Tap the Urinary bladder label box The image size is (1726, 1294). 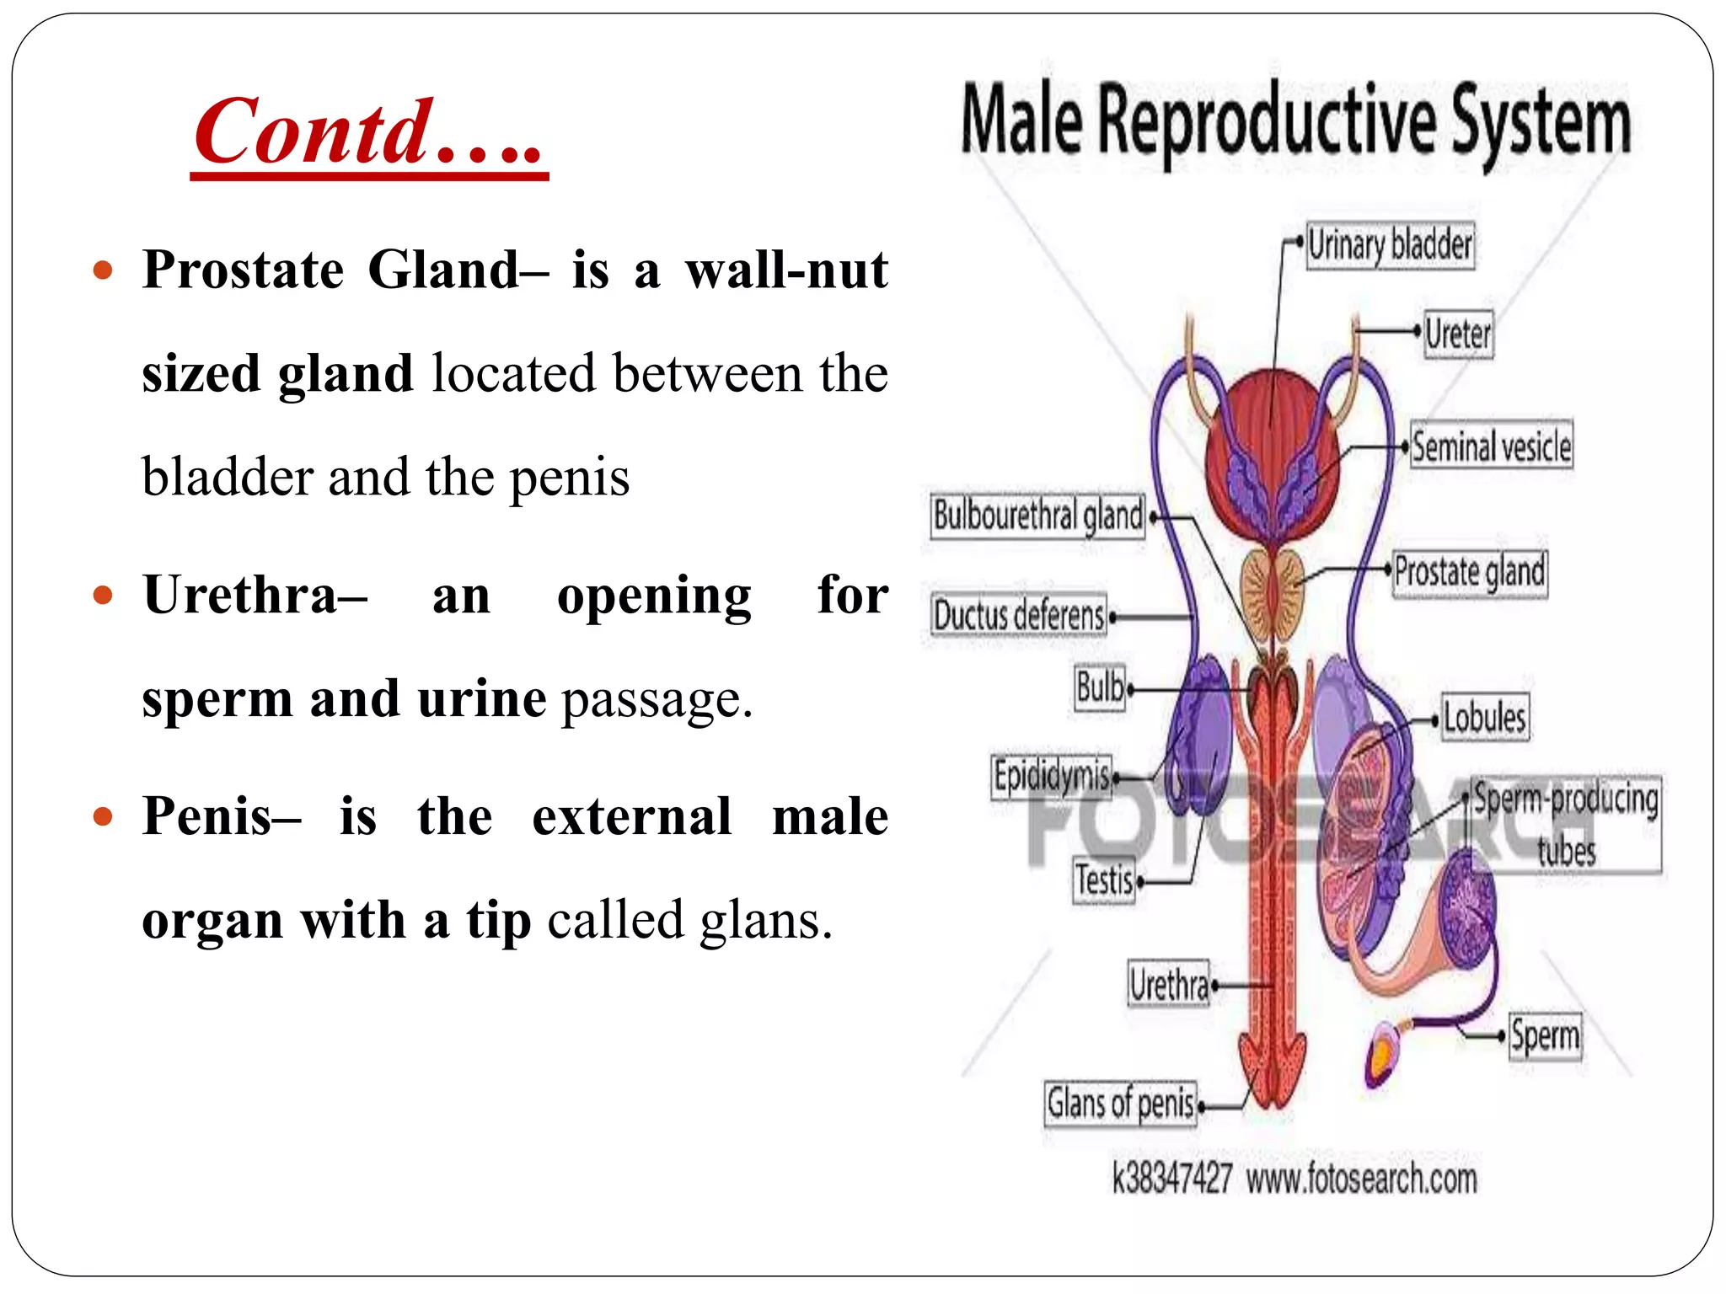tap(1390, 246)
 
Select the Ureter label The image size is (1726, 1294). tap(1458, 334)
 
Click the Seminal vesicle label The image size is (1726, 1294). tap(1491, 446)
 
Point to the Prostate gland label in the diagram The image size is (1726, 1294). tap(1470, 572)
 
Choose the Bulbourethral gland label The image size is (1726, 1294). tap(1037, 516)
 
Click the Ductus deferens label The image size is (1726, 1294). tap(1018, 615)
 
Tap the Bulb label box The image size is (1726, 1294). tap(1100, 687)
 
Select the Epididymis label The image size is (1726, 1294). tap(1051, 775)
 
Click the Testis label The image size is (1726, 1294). tap(1103, 881)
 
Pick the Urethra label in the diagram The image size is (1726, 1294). tap(1169, 984)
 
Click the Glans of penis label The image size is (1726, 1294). tap(1120, 1104)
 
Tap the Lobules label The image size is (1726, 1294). tap(1484, 718)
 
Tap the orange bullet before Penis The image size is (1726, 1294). tap(103, 816)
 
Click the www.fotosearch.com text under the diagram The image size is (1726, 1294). tap(1361, 1179)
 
